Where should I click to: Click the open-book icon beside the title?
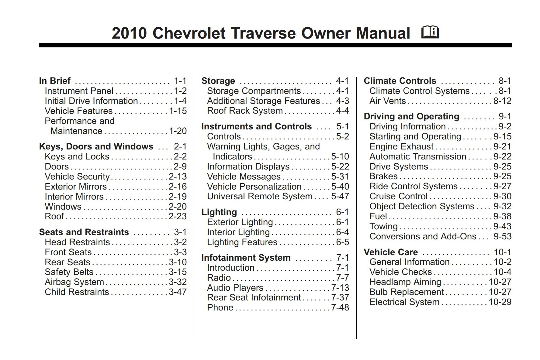(x=430, y=33)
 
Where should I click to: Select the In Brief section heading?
(x=55, y=81)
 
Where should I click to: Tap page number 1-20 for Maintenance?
(x=178, y=131)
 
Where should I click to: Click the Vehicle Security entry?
(x=77, y=177)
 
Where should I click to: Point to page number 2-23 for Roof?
(x=178, y=216)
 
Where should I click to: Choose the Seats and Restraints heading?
(x=84, y=232)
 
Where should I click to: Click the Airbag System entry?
(x=74, y=282)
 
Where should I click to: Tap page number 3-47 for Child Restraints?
(x=178, y=292)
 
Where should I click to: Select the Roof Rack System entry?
(x=245, y=111)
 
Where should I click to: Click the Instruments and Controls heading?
(x=256, y=126)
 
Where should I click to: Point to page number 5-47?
(x=340, y=196)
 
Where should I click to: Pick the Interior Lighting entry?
(x=238, y=232)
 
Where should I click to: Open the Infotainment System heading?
(x=246, y=258)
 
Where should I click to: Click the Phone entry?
(x=220, y=307)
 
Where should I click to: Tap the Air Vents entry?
(x=387, y=101)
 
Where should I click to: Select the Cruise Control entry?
(x=398, y=196)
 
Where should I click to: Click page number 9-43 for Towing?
(x=502, y=226)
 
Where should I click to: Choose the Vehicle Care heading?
(x=391, y=252)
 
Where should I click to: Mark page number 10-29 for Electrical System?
(x=500, y=302)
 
